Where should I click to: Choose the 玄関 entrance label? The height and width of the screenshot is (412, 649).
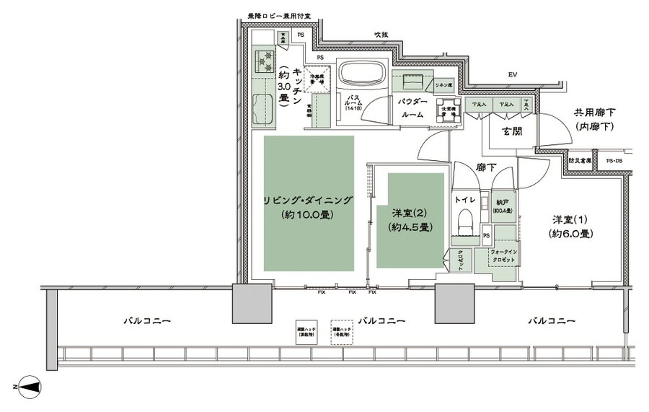(x=512, y=131)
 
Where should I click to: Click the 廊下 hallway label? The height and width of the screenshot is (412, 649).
(x=484, y=167)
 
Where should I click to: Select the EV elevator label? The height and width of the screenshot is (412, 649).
(x=513, y=74)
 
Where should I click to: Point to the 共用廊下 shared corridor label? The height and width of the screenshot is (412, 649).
(x=593, y=119)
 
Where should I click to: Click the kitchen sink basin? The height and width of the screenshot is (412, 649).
(x=264, y=108)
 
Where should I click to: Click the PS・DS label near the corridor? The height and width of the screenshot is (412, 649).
(x=615, y=161)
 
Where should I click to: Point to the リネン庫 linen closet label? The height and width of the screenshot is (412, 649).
(x=443, y=85)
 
